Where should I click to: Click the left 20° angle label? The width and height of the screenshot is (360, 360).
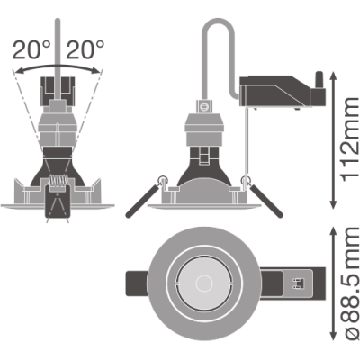point(31,49)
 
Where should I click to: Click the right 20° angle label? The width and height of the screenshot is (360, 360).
point(85,49)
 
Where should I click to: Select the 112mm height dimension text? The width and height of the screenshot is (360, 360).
point(350,139)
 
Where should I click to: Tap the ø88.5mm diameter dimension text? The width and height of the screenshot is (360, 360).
point(350,287)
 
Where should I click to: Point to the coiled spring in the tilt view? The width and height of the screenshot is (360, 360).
point(58,181)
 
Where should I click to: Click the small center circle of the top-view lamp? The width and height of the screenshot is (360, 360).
point(204,283)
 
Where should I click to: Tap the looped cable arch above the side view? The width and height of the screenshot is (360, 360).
point(218,20)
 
